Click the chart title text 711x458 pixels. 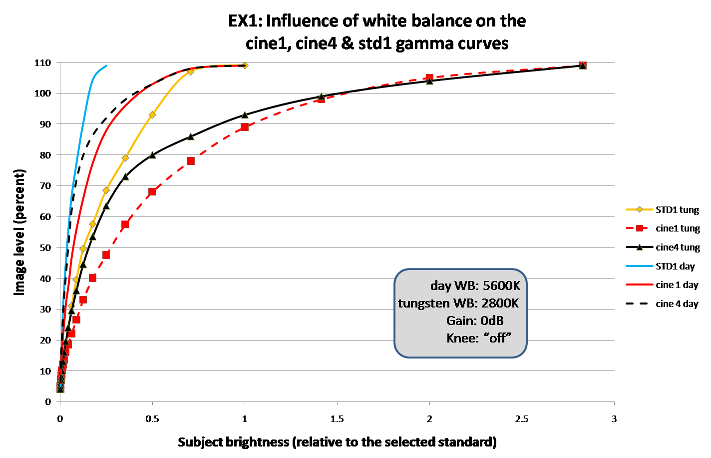(377, 32)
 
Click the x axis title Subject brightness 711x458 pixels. (337, 442)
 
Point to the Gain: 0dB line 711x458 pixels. (474, 320)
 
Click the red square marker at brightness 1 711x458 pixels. (245, 127)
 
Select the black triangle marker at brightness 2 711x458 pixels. (429, 80)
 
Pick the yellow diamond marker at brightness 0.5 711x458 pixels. (152, 115)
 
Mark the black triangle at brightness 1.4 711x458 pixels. (322, 96)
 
